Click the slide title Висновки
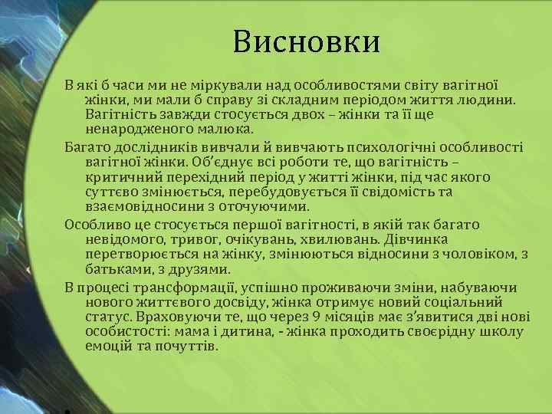point(307,42)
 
